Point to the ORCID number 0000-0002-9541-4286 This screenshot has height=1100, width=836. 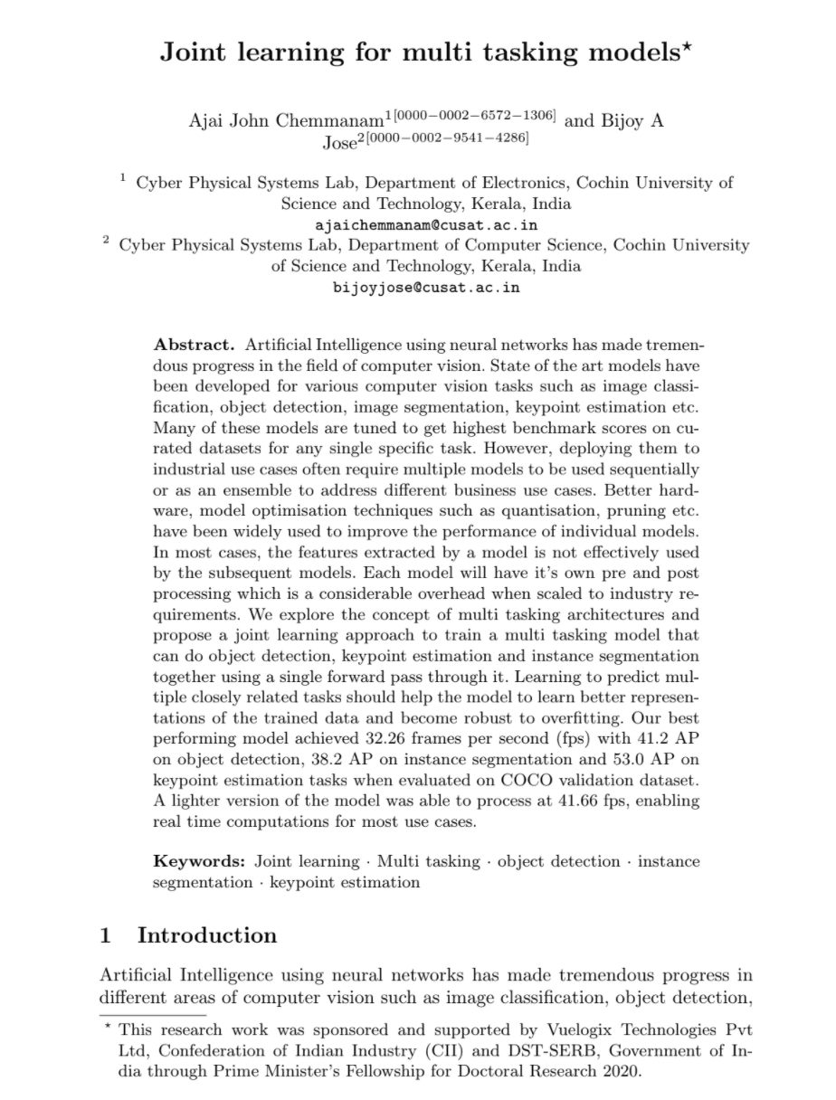click(470, 137)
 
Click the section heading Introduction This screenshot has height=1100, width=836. click(207, 935)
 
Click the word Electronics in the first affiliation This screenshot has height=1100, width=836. click(524, 183)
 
